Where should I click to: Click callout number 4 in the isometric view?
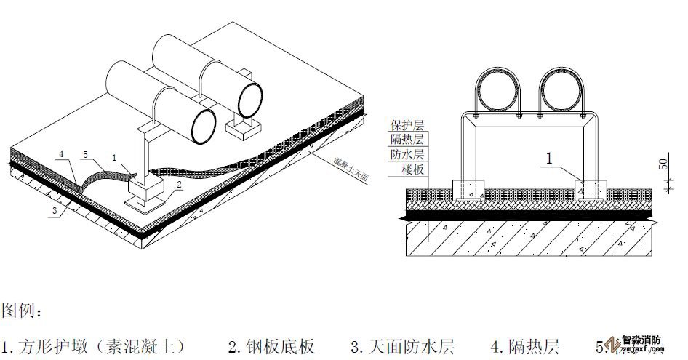pos(63,154)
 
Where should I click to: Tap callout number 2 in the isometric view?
pos(179,185)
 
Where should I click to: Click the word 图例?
pos(23,311)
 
